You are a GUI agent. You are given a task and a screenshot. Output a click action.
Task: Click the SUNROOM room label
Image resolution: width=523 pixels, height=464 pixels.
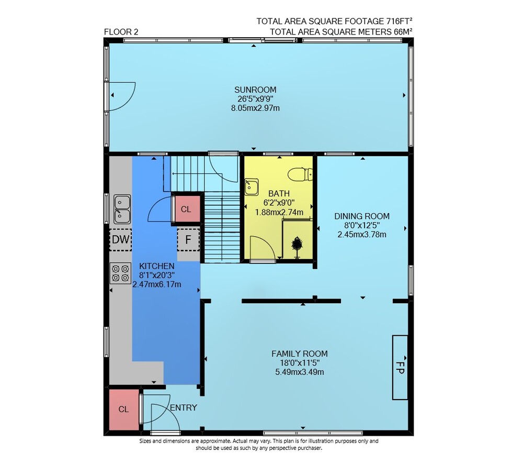[255, 90]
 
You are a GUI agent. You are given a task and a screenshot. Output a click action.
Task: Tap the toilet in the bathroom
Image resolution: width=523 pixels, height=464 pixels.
[300, 174]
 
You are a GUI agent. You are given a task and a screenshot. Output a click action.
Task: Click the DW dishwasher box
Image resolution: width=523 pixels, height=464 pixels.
[121, 239]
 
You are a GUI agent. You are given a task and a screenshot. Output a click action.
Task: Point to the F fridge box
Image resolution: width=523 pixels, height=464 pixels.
[188, 239]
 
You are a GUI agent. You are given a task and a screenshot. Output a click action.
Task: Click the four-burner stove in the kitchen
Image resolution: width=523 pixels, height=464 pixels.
[120, 273]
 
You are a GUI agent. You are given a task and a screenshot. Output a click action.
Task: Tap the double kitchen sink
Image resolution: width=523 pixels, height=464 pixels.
[122, 209]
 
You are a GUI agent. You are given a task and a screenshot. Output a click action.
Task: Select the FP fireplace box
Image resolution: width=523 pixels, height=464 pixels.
[400, 367]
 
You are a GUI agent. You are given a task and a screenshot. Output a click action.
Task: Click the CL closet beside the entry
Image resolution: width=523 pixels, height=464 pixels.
[124, 410]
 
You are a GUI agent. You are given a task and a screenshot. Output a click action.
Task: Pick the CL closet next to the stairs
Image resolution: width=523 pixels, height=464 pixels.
[186, 209]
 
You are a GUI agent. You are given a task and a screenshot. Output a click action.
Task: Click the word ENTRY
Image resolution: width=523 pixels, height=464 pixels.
[184, 407]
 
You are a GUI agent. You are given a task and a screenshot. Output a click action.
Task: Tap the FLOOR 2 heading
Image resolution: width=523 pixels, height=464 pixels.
[121, 32]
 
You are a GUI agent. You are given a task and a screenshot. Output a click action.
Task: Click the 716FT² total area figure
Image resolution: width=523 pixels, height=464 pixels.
[399, 21]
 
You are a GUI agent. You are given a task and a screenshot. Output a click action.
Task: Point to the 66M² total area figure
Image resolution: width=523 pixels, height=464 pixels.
[403, 32]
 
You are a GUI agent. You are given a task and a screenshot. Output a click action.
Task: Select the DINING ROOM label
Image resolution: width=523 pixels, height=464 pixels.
[362, 216]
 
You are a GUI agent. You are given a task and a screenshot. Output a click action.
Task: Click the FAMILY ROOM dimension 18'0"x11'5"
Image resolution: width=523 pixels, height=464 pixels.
[300, 363]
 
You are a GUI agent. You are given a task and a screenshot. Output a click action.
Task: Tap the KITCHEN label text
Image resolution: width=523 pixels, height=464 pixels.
[157, 266]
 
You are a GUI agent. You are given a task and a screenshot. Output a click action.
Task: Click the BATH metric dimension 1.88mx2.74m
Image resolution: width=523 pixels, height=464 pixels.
[279, 212]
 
